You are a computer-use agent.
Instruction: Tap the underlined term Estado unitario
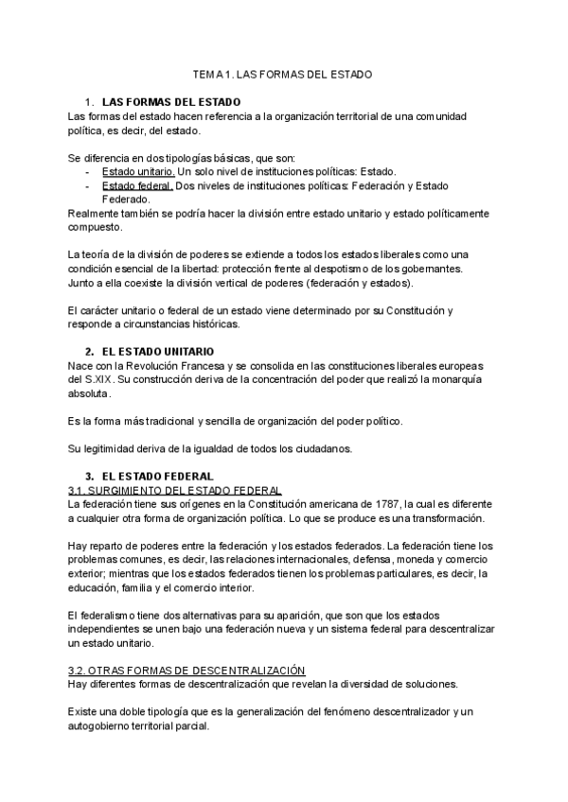coord(137,172)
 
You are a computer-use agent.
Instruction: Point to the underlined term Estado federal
coord(136,186)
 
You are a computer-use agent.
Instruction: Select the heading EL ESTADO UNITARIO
coord(160,351)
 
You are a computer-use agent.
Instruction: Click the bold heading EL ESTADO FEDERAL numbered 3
coord(157,476)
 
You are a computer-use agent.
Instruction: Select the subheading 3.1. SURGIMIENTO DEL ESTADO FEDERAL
coord(175,490)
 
